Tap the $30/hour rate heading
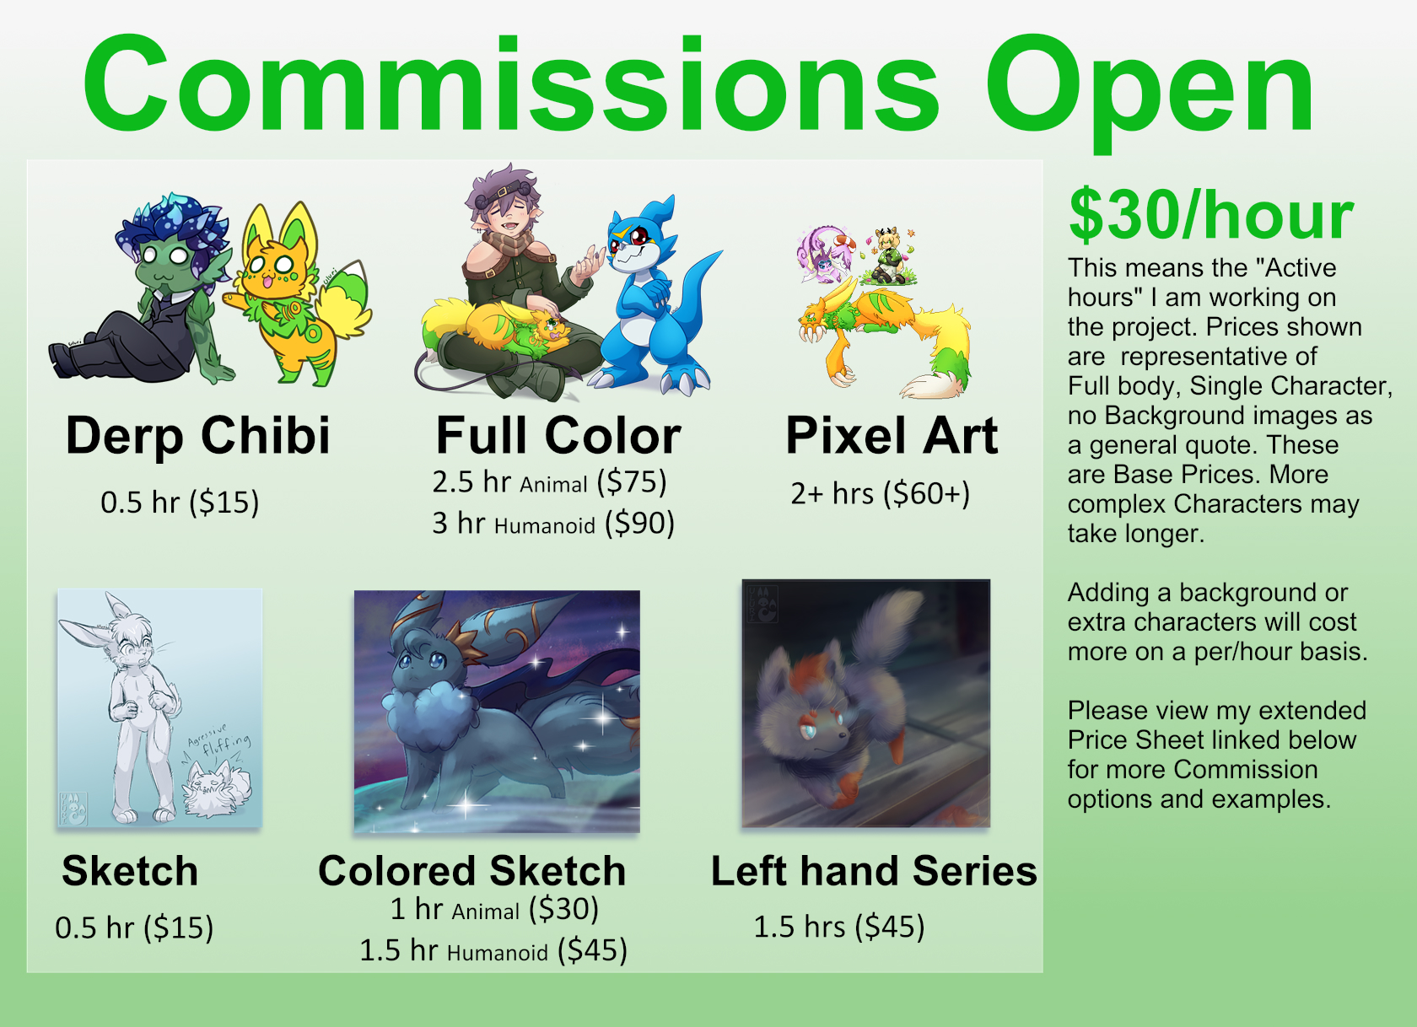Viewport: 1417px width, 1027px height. coord(1210,215)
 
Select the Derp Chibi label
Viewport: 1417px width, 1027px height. coord(198,437)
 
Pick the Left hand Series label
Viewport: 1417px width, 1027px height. coord(874,871)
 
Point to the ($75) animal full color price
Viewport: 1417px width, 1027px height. coord(636,482)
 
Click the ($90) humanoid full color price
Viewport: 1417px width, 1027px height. coord(639,524)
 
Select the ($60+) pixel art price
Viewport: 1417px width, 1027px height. coord(926,494)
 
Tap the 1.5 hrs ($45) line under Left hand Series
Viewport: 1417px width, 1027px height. coord(838,928)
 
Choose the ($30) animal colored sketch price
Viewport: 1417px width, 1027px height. coord(563,909)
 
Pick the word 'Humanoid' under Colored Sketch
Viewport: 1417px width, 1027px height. coord(498,953)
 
